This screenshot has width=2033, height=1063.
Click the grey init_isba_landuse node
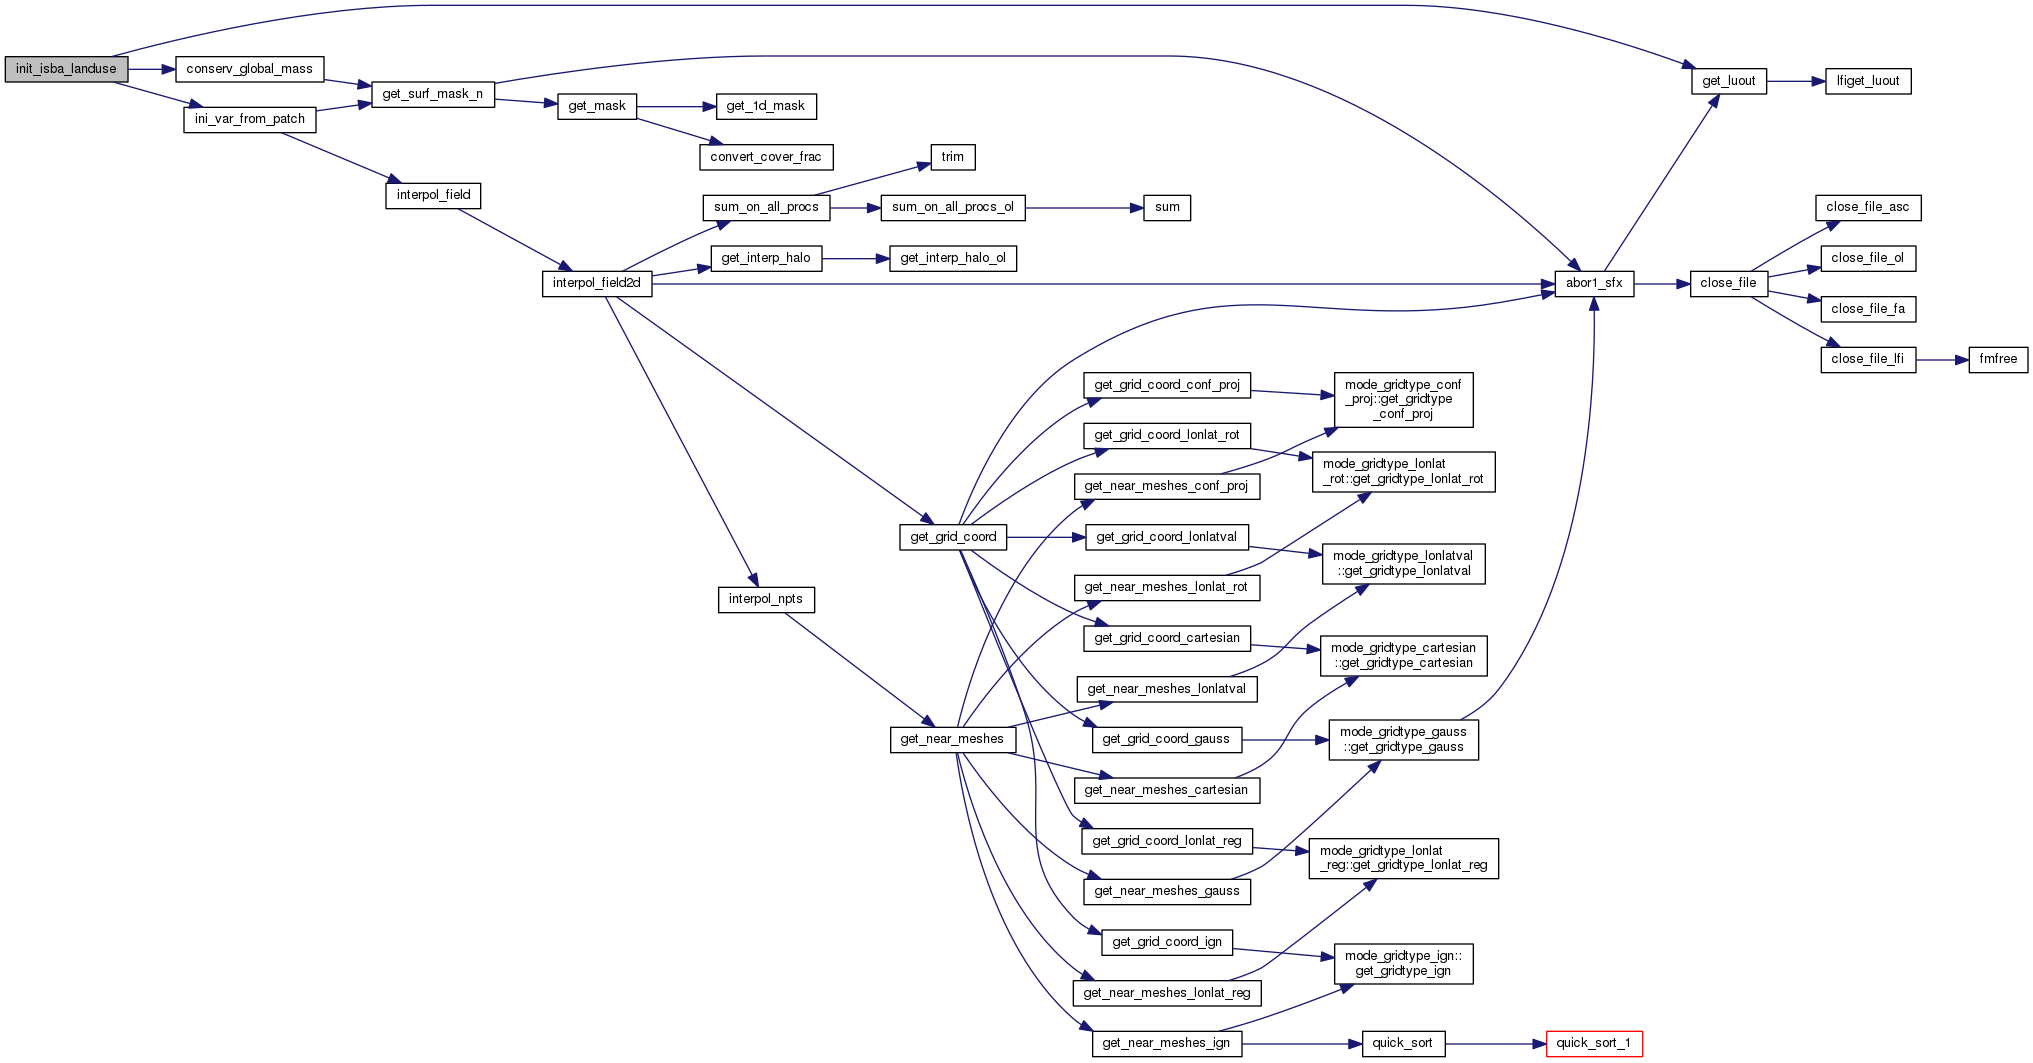click(66, 69)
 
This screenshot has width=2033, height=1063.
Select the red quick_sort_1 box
click(1593, 1044)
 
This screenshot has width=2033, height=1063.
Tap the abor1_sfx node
click(1594, 284)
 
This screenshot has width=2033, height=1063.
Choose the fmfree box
click(1998, 360)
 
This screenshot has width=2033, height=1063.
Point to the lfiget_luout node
click(1868, 81)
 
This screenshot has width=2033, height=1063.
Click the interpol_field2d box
click(597, 284)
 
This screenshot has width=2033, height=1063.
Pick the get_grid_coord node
click(953, 537)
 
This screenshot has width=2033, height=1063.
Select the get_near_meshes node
click(952, 740)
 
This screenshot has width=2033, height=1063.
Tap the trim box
click(953, 157)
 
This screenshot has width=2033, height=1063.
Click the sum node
click(1167, 208)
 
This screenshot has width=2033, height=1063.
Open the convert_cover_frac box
click(766, 157)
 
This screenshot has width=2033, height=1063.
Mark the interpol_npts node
click(766, 600)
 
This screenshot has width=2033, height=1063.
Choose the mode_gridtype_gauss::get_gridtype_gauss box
click(1403, 740)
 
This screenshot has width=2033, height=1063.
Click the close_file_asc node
click(1867, 208)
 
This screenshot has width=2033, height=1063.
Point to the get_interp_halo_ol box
click(953, 259)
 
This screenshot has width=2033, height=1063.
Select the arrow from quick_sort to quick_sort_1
click(1495, 1044)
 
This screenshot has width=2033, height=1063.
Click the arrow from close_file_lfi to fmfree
click(1942, 360)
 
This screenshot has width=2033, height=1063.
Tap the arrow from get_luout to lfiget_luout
click(1796, 81)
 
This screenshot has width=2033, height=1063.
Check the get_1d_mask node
click(766, 106)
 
